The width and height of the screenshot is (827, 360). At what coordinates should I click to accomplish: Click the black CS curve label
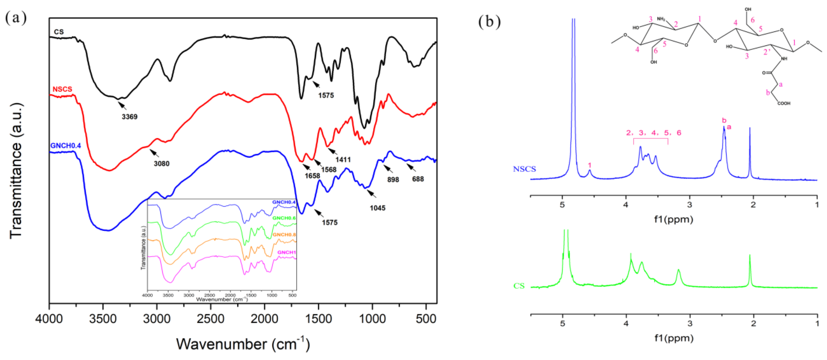click(x=59, y=32)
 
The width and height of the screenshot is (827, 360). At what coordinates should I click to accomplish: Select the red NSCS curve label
click(x=62, y=89)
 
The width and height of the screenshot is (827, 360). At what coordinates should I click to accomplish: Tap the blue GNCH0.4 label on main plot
click(x=66, y=145)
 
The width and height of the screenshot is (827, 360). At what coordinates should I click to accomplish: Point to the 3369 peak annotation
click(x=129, y=117)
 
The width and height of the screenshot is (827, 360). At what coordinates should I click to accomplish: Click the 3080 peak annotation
click(x=161, y=164)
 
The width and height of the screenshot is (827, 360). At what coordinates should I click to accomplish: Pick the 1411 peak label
click(x=343, y=159)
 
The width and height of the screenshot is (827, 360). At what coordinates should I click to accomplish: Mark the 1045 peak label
click(x=377, y=208)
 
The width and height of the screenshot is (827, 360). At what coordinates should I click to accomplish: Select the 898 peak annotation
click(x=393, y=179)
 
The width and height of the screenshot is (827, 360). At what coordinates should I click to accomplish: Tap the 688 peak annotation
click(x=418, y=179)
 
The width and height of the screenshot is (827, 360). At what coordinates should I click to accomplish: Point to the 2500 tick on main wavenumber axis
click(x=211, y=319)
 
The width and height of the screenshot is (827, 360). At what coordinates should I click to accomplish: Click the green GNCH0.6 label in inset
click(x=284, y=218)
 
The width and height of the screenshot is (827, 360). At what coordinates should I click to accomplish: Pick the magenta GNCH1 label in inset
click(x=286, y=252)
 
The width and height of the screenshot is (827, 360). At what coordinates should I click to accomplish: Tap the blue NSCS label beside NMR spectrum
click(x=524, y=169)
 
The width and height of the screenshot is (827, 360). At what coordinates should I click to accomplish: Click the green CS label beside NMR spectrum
click(x=519, y=286)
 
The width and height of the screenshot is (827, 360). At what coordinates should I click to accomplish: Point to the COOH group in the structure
click(x=784, y=104)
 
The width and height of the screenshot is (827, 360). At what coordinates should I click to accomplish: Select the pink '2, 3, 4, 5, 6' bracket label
click(x=653, y=133)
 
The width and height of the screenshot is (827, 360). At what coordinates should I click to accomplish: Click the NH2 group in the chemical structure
click(x=661, y=19)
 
